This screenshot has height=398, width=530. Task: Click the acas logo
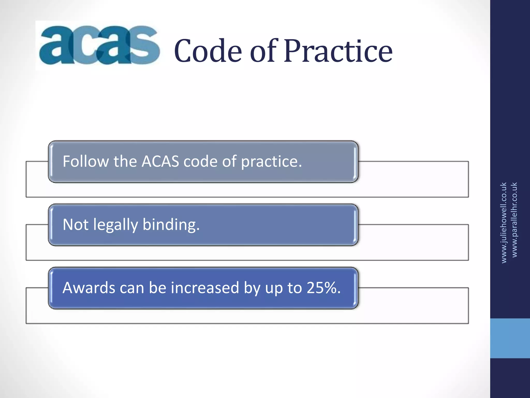[x=99, y=45]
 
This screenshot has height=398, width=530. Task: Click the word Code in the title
[x=208, y=51]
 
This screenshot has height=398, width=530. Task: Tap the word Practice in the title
[x=338, y=51]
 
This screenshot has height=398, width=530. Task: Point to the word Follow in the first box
[x=85, y=161]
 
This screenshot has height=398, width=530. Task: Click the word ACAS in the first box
[x=160, y=161]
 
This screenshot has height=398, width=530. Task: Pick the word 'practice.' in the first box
[x=271, y=162]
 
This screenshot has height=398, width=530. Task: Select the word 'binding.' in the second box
[x=171, y=225]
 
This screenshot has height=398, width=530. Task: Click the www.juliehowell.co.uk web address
[x=504, y=223]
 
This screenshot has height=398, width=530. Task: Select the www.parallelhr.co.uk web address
[x=514, y=220]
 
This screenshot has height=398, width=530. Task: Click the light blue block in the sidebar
[x=510, y=338]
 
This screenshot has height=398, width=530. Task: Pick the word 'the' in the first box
[x=125, y=161]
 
